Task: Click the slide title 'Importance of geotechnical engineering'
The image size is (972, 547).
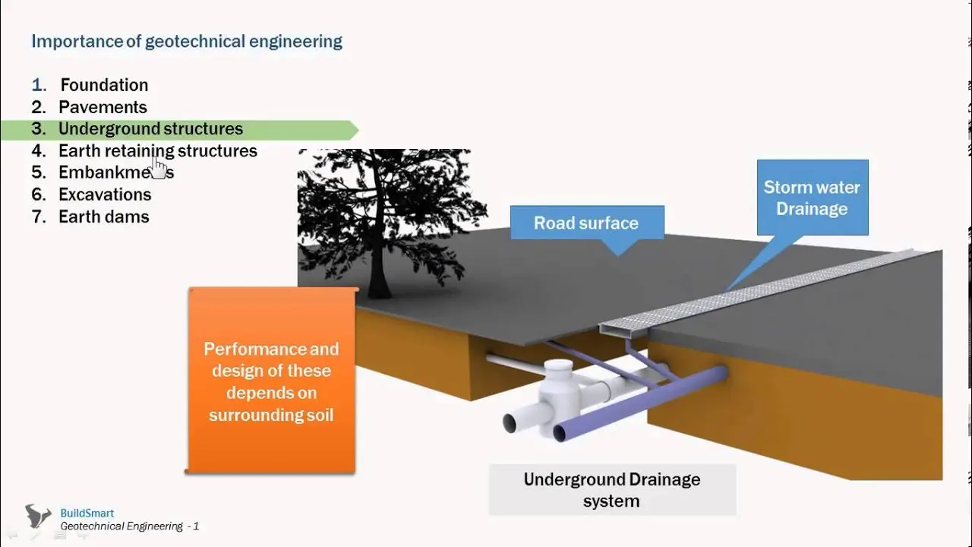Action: pos(187,42)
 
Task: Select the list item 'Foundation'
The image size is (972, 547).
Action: pos(104,85)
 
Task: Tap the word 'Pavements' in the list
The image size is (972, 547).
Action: pos(103,107)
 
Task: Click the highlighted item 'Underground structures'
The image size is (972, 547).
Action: pos(150,129)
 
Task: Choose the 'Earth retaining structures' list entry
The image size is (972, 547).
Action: pos(158,151)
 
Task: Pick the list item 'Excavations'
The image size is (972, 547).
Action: pos(105,194)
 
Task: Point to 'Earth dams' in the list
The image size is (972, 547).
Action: pos(104,217)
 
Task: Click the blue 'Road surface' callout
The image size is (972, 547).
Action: pos(587,223)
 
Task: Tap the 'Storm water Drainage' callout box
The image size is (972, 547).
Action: pos(813,198)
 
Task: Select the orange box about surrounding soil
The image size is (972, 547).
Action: pos(272,381)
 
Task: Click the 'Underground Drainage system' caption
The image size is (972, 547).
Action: pos(612,490)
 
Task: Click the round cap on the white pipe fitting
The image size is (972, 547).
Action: pos(559,365)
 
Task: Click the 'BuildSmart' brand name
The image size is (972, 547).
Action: pos(87,513)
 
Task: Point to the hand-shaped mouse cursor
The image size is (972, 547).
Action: pos(159,168)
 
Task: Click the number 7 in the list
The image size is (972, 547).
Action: pos(38,217)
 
